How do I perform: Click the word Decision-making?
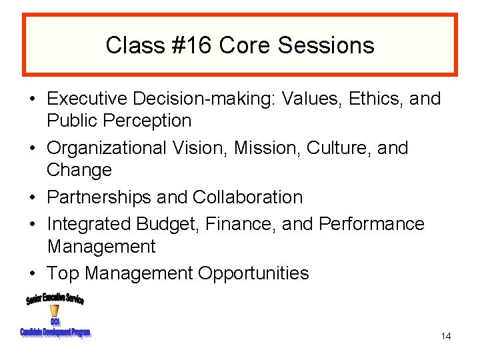click(x=203, y=99)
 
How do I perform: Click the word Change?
click(x=79, y=170)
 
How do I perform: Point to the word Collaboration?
click(x=247, y=197)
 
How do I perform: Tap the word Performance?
click(x=371, y=224)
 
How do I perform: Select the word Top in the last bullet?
click(x=63, y=273)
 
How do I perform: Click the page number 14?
click(x=446, y=337)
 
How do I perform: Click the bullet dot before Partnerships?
click(x=32, y=198)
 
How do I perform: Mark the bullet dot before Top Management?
click(x=32, y=274)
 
